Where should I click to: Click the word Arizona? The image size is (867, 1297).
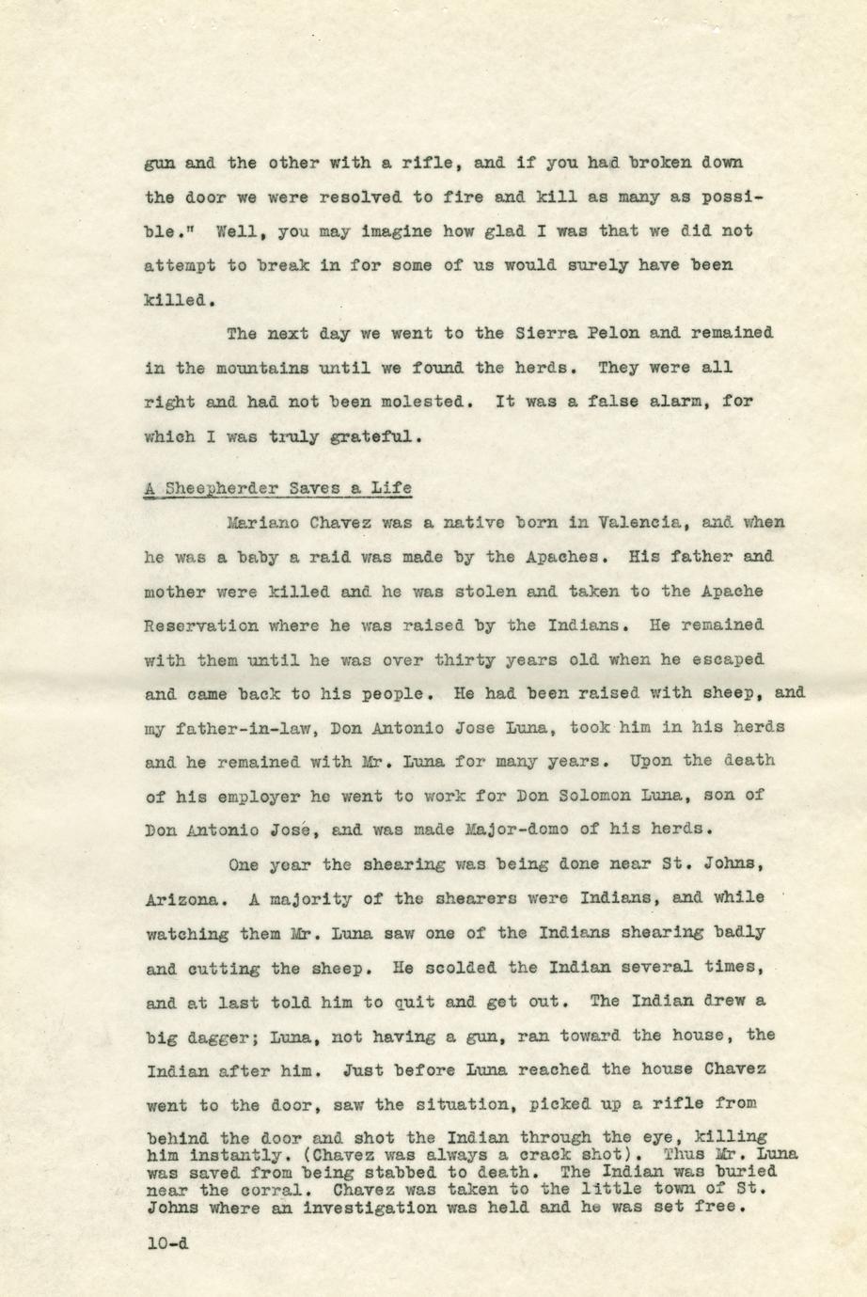pyautogui.click(x=183, y=898)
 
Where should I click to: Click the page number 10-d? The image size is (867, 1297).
pyautogui.click(x=167, y=1242)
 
